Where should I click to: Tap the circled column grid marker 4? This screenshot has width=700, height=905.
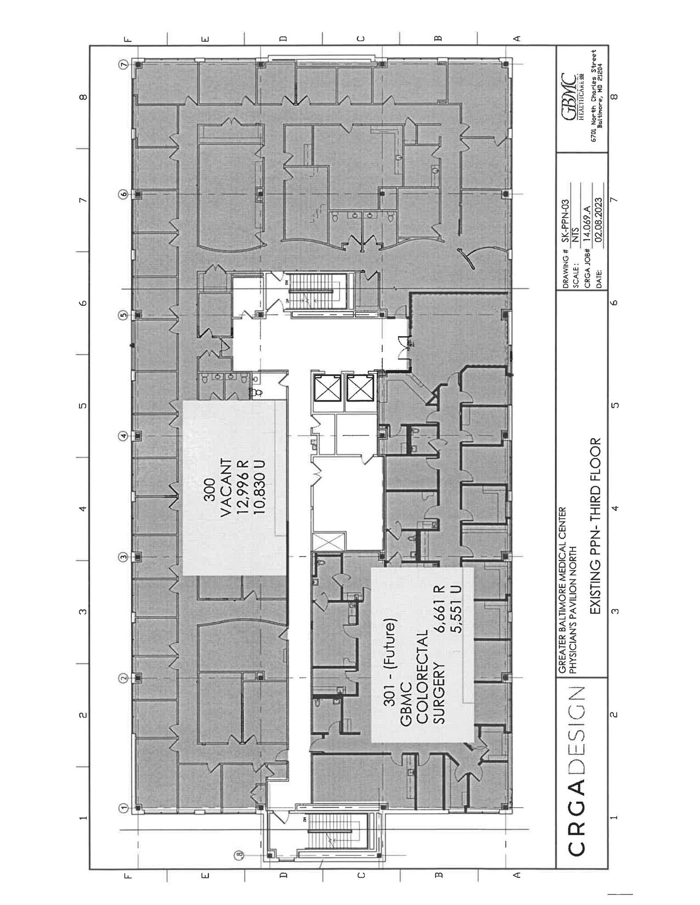tap(124, 436)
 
